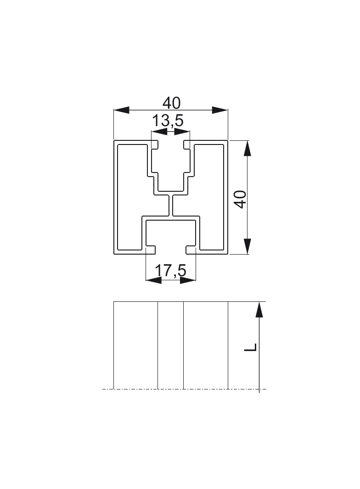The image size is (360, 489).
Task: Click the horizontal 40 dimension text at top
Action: pos(171,102)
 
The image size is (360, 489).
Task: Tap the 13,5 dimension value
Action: pos(168,121)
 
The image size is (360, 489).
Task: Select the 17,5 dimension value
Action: pos(170,271)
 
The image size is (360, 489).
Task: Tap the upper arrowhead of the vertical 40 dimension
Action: pos(247,149)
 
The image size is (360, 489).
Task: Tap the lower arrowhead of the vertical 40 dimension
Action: pos(247,246)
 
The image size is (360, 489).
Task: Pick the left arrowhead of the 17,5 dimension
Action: pos(153,280)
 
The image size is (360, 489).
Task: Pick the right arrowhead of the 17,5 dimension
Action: pos(188,280)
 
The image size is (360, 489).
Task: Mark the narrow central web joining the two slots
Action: pos(171,205)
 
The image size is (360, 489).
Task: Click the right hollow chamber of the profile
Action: pos(211,197)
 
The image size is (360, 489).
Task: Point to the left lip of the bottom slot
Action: pos(151,250)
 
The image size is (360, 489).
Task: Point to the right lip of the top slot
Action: pos(186,145)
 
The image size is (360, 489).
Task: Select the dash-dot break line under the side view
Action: pos(184,389)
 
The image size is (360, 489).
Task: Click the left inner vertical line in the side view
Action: pos(158,344)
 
